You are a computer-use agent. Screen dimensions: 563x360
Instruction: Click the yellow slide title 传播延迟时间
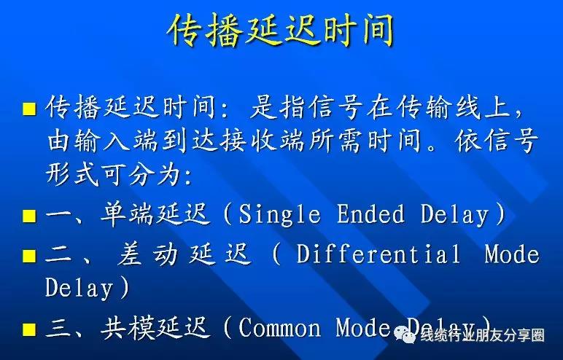click(x=281, y=30)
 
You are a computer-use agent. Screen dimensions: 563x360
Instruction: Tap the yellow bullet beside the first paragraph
click(x=29, y=109)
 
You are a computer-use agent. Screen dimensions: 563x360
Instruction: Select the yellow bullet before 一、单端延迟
click(x=29, y=216)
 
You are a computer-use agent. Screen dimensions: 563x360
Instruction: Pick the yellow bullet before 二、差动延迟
click(x=29, y=256)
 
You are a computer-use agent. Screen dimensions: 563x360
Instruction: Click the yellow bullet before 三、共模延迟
click(x=29, y=329)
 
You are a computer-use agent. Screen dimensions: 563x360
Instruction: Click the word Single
click(x=279, y=214)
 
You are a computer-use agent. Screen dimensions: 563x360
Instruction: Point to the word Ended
click(x=370, y=214)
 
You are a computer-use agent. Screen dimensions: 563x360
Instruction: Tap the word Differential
click(x=378, y=254)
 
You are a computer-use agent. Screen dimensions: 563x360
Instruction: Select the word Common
click(x=279, y=328)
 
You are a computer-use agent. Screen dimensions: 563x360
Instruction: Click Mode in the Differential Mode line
click(x=512, y=254)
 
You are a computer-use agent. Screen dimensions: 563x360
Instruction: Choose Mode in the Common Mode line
click(x=363, y=328)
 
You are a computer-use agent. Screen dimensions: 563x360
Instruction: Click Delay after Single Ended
click(x=455, y=215)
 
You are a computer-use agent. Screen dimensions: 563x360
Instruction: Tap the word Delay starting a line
click(x=79, y=288)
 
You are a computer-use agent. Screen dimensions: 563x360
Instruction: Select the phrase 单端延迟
click(x=155, y=214)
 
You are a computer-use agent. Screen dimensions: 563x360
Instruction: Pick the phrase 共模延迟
click(x=155, y=328)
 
